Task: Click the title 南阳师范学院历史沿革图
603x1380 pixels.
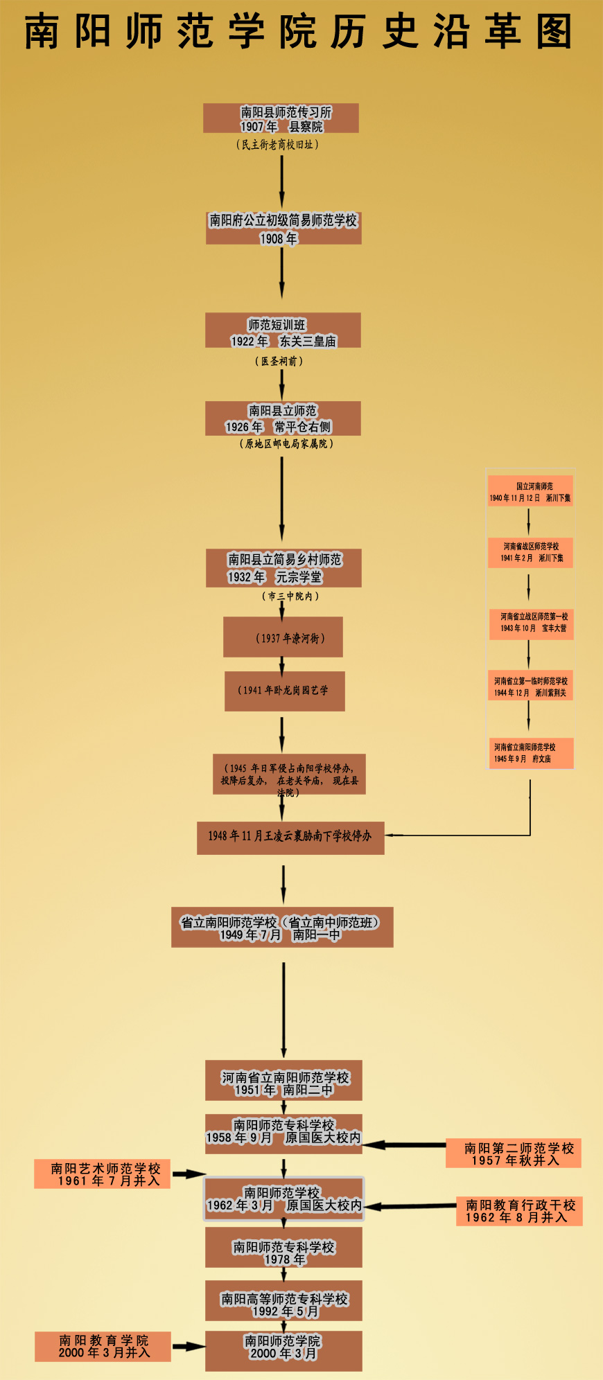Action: pos(299,32)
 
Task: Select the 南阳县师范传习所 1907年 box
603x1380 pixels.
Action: pos(281,118)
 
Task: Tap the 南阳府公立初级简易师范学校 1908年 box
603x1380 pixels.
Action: pos(283,229)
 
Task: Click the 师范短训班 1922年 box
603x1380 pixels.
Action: pos(283,330)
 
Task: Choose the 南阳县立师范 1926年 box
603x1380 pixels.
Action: pos(283,418)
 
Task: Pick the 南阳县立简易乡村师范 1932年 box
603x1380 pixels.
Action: pos(283,568)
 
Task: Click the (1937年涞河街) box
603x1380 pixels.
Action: pos(283,637)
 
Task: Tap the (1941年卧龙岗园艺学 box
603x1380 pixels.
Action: pos(284,691)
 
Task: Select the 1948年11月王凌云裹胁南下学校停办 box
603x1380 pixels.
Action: pos(290,836)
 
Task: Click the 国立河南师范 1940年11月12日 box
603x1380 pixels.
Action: pos(530,492)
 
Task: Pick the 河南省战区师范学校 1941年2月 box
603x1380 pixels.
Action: pos(530,552)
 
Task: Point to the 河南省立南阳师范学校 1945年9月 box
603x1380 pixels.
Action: pos(530,753)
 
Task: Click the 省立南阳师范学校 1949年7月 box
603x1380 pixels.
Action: pos(282,928)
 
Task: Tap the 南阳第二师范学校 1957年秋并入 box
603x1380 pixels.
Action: pos(514,1153)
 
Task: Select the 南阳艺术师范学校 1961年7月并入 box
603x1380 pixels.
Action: pos(102,1174)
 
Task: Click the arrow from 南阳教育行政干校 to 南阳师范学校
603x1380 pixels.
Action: pos(409,1206)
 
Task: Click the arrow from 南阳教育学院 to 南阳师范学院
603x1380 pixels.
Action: pos(188,1346)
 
